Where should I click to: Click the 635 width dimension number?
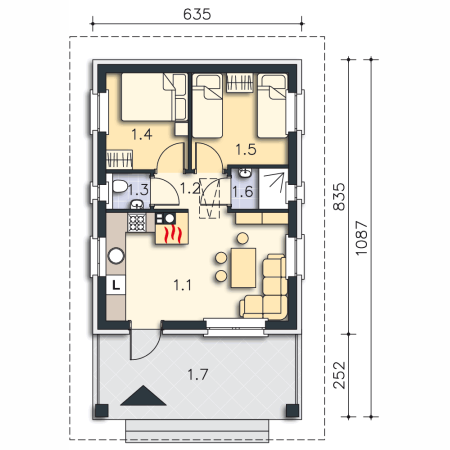(x=197, y=14)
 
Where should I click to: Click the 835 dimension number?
(x=339, y=197)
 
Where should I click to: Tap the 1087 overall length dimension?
(x=362, y=238)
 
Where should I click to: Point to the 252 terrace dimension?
(x=339, y=375)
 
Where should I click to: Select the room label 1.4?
(x=142, y=135)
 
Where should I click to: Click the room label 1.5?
(x=246, y=150)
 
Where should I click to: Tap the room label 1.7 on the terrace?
(x=198, y=375)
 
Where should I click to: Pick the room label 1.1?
(x=182, y=285)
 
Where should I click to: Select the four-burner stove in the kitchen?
(x=137, y=222)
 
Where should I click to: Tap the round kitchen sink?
(x=116, y=256)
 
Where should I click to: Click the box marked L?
(x=116, y=285)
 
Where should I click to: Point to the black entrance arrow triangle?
(x=143, y=396)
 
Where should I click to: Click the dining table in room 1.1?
(x=243, y=268)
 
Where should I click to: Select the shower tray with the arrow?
(x=273, y=189)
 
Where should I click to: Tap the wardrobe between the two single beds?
(x=240, y=83)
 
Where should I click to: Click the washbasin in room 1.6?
(x=245, y=173)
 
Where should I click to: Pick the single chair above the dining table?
(x=243, y=238)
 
